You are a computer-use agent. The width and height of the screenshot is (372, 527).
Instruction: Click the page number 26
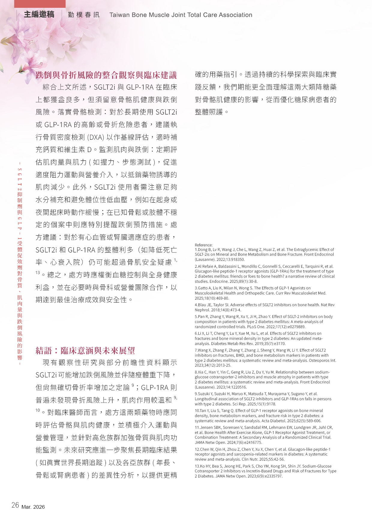click(x=15, y=505)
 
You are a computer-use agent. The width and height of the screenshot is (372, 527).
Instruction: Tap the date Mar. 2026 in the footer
click(x=33, y=507)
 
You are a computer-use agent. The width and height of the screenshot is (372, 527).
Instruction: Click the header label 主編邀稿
click(x=39, y=14)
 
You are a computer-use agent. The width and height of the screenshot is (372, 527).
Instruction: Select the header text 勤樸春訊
click(x=83, y=15)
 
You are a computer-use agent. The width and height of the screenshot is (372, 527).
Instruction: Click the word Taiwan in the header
click(x=119, y=15)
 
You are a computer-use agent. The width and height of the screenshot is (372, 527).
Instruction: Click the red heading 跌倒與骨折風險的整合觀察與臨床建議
click(x=106, y=75)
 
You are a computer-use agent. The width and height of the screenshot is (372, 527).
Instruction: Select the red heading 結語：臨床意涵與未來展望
click(x=85, y=351)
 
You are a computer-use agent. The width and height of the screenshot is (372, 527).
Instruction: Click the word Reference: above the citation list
click(x=203, y=245)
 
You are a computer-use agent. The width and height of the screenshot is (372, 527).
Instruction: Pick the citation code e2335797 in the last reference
click(x=271, y=476)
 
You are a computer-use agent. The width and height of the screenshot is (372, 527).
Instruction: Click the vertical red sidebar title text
click(x=20, y=263)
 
